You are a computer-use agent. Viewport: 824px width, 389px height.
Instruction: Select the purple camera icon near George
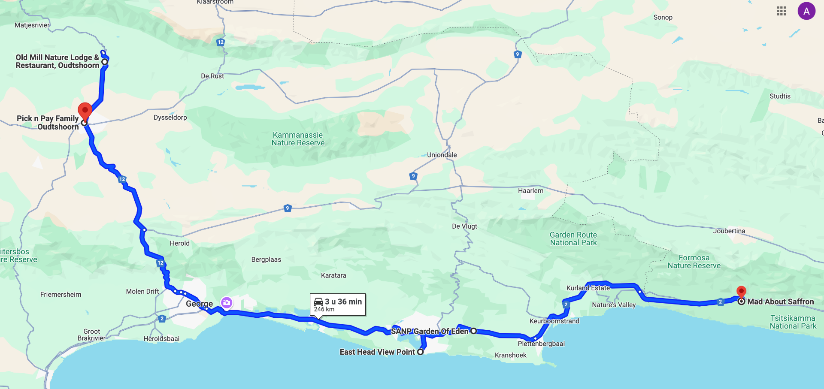(x=227, y=303)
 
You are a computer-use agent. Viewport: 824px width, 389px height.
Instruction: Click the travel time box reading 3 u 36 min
(x=338, y=305)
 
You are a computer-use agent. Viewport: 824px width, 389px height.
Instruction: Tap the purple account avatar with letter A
(x=806, y=11)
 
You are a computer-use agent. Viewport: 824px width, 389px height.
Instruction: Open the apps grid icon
(x=782, y=11)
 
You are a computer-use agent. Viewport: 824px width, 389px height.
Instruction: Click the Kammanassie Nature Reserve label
(x=298, y=139)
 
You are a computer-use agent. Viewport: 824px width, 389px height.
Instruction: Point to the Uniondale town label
(x=442, y=155)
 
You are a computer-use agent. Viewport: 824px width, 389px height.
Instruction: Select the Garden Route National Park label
(x=573, y=239)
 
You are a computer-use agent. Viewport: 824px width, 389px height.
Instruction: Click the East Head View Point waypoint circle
(x=421, y=352)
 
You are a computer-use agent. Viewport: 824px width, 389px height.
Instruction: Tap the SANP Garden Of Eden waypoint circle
(x=473, y=331)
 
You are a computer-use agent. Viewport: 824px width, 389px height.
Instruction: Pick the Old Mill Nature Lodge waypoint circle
(x=104, y=62)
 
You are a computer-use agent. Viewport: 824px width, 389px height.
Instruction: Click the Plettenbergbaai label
(x=541, y=344)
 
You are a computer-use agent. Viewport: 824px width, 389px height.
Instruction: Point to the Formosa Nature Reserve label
(x=694, y=262)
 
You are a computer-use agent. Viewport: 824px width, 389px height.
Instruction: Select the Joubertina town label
(x=729, y=231)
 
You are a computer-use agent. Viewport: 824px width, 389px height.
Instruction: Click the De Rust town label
(x=212, y=76)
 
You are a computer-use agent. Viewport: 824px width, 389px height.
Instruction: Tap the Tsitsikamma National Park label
(x=793, y=322)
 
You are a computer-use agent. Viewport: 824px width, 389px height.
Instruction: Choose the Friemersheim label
(x=61, y=294)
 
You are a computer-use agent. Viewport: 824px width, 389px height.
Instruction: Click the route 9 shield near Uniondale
(x=413, y=176)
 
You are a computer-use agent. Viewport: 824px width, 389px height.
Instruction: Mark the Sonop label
(x=663, y=17)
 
